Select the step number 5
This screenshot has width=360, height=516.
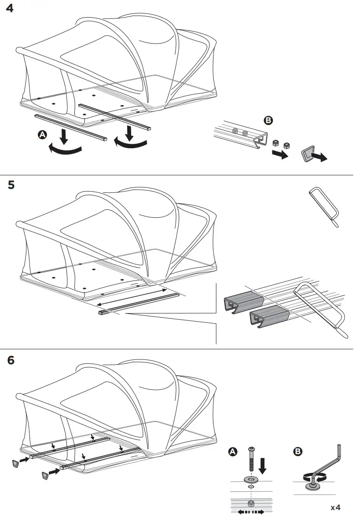coord(11,185)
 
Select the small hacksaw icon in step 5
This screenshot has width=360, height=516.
coord(323,206)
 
